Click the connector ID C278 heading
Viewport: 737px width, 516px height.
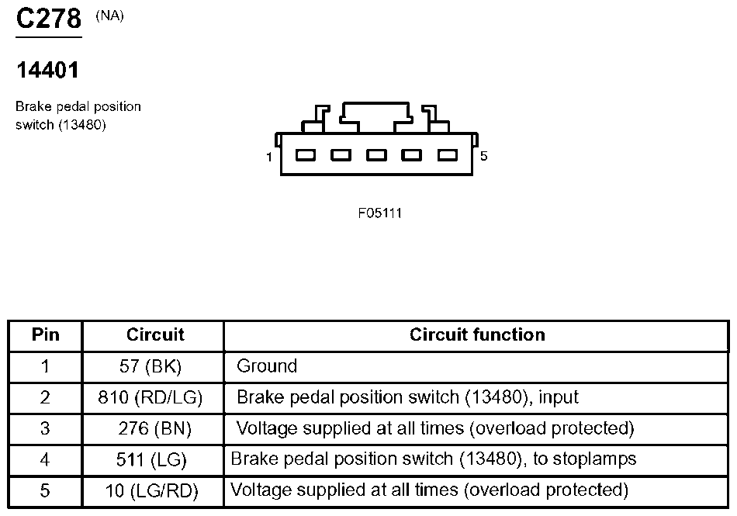tap(49, 19)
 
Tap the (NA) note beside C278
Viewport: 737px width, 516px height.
tap(109, 16)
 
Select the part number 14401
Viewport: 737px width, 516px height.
tap(47, 70)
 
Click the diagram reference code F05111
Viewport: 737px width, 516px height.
tap(380, 213)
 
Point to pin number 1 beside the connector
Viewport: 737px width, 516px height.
tap(269, 157)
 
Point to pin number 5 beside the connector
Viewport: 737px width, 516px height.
tap(483, 156)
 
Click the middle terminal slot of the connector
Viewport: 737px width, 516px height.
tap(376, 155)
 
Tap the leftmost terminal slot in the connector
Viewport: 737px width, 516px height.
tap(306, 155)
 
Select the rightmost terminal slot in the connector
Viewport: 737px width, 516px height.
tap(448, 155)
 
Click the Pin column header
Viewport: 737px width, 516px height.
tap(46, 334)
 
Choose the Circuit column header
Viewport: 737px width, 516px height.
tap(155, 334)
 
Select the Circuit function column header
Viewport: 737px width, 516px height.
tap(477, 334)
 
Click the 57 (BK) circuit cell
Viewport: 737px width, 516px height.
tap(151, 366)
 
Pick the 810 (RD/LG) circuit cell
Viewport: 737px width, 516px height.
tap(151, 397)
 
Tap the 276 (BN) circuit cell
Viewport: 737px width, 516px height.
tap(154, 428)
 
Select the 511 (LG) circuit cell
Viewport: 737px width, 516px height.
tap(151, 459)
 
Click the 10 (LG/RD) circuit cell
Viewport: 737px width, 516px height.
tap(152, 490)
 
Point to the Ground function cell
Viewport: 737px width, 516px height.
tap(267, 366)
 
